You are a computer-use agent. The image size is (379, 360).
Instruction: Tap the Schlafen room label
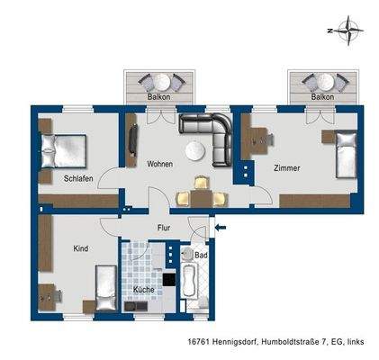[78, 178]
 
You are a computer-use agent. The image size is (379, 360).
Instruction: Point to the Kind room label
[82, 247]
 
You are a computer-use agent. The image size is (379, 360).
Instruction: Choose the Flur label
[164, 228]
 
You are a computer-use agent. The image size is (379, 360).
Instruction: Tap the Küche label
[144, 291]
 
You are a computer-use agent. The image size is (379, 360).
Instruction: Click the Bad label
[202, 256]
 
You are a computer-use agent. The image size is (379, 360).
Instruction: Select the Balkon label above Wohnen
[158, 94]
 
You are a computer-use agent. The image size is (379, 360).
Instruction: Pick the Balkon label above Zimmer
[321, 94]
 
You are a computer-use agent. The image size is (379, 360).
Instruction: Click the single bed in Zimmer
[347, 153]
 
